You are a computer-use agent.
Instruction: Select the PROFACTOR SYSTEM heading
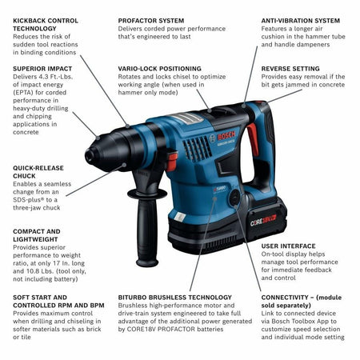pyautogui.click(x=151, y=20)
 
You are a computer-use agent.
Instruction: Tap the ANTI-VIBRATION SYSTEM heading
pyautogui.click(x=301, y=20)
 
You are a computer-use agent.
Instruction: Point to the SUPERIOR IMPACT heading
pyautogui.click(x=42, y=68)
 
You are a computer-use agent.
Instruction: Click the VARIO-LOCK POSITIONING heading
pyautogui.click(x=160, y=69)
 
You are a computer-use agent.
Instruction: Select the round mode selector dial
pyautogui.click(x=234, y=195)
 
